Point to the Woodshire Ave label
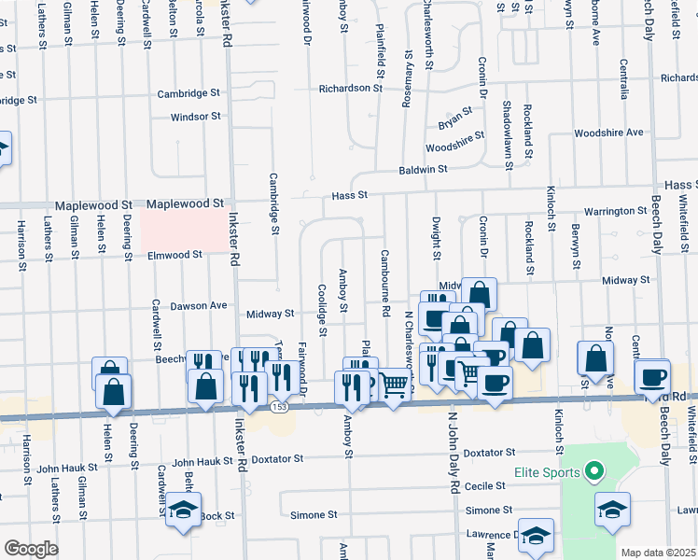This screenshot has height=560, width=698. [x=608, y=133]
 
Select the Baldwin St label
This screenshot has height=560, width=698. [x=424, y=169]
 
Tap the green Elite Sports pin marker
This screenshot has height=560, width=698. [x=592, y=472]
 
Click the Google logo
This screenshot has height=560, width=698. [x=31, y=548]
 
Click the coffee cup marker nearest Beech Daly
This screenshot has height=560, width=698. [x=652, y=377]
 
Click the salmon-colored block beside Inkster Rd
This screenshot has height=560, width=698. [x=183, y=230]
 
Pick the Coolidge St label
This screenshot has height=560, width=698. [x=323, y=309]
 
